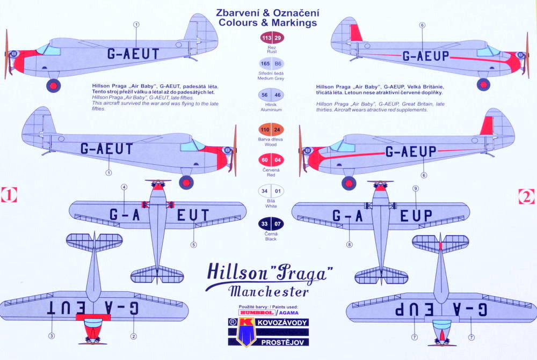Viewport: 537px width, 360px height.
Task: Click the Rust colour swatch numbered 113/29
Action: tap(271, 38)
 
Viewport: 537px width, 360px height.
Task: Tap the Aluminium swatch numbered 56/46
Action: tap(271, 95)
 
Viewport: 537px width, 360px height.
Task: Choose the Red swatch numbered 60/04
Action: tap(271, 160)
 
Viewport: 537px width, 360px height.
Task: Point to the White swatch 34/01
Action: tap(271, 190)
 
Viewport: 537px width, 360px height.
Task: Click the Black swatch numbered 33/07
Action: tap(271, 223)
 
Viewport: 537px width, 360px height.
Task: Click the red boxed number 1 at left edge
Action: tap(9, 195)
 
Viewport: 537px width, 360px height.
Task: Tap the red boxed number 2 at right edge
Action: tap(527, 196)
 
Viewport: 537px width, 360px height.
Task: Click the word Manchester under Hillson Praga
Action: tap(268, 292)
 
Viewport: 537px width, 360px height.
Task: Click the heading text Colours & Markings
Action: tap(267, 23)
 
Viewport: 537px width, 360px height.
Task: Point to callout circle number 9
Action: tap(415, 189)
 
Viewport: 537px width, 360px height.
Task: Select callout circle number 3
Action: tap(52, 336)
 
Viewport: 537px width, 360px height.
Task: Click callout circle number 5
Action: tap(193, 245)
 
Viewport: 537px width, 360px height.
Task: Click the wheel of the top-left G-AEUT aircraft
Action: tap(53, 85)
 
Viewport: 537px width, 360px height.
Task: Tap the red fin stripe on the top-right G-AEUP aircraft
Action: tap(355, 33)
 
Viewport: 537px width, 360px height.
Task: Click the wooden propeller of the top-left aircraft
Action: tap(7, 54)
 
